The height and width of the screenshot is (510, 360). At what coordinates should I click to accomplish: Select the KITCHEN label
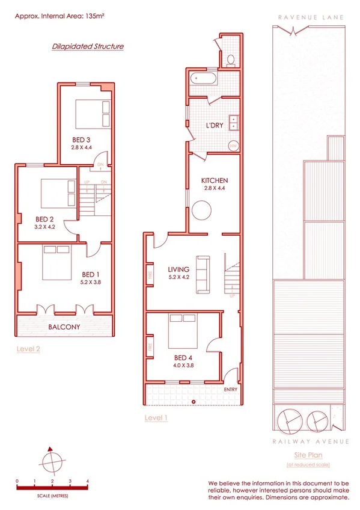point(215,180)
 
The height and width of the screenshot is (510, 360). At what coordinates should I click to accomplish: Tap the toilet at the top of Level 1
point(231,59)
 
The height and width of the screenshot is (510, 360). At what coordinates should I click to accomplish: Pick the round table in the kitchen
point(201,210)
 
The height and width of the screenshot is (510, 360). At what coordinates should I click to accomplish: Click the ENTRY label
point(230,389)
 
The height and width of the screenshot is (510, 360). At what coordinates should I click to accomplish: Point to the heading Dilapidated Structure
point(88,46)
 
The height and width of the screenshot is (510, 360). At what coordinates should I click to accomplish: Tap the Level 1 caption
point(156,417)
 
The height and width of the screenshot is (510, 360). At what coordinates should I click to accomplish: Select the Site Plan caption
point(308,456)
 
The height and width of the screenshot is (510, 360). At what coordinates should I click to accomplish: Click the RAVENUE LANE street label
point(311,18)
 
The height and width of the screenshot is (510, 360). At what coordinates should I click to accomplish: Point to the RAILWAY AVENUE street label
point(311,441)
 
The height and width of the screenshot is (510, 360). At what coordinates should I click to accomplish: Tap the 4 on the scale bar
point(88,481)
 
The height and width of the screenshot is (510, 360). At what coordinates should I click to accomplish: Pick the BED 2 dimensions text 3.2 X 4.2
point(45,228)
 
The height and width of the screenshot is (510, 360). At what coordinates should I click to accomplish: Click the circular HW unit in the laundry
point(233,146)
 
